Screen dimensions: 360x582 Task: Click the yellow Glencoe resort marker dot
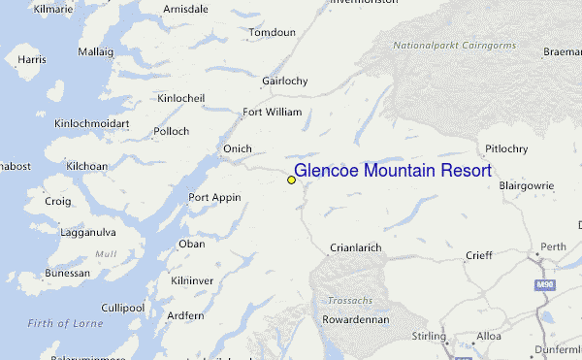[291, 180]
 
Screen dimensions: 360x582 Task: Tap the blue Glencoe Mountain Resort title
[393, 171]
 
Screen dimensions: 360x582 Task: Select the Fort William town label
[272, 112]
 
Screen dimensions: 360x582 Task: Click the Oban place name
[192, 244]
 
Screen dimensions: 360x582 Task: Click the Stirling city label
[429, 336]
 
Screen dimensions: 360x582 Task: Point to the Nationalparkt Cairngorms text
[455, 46]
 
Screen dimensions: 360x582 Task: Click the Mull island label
[105, 254]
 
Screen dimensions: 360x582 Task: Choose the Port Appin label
[214, 197]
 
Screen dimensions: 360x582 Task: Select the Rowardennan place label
[356, 319]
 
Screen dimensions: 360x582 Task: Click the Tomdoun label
[272, 32]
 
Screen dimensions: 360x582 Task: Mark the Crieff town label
[478, 255]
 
